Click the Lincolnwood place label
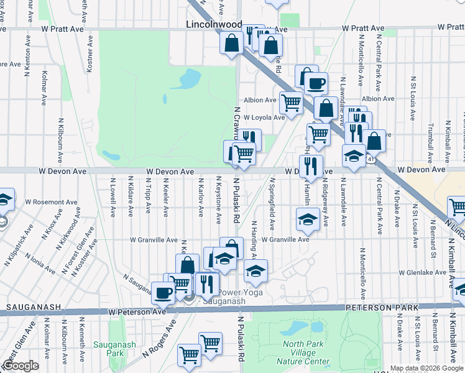(x=214, y=24)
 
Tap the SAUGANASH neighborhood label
(x=33, y=307)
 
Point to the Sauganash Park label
(x=109, y=349)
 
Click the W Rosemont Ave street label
(x=51, y=202)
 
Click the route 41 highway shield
(x=371, y=160)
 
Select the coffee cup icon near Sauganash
(x=163, y=292)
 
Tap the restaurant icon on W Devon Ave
(x=311, y=165)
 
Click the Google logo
(x=21, y=366)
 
